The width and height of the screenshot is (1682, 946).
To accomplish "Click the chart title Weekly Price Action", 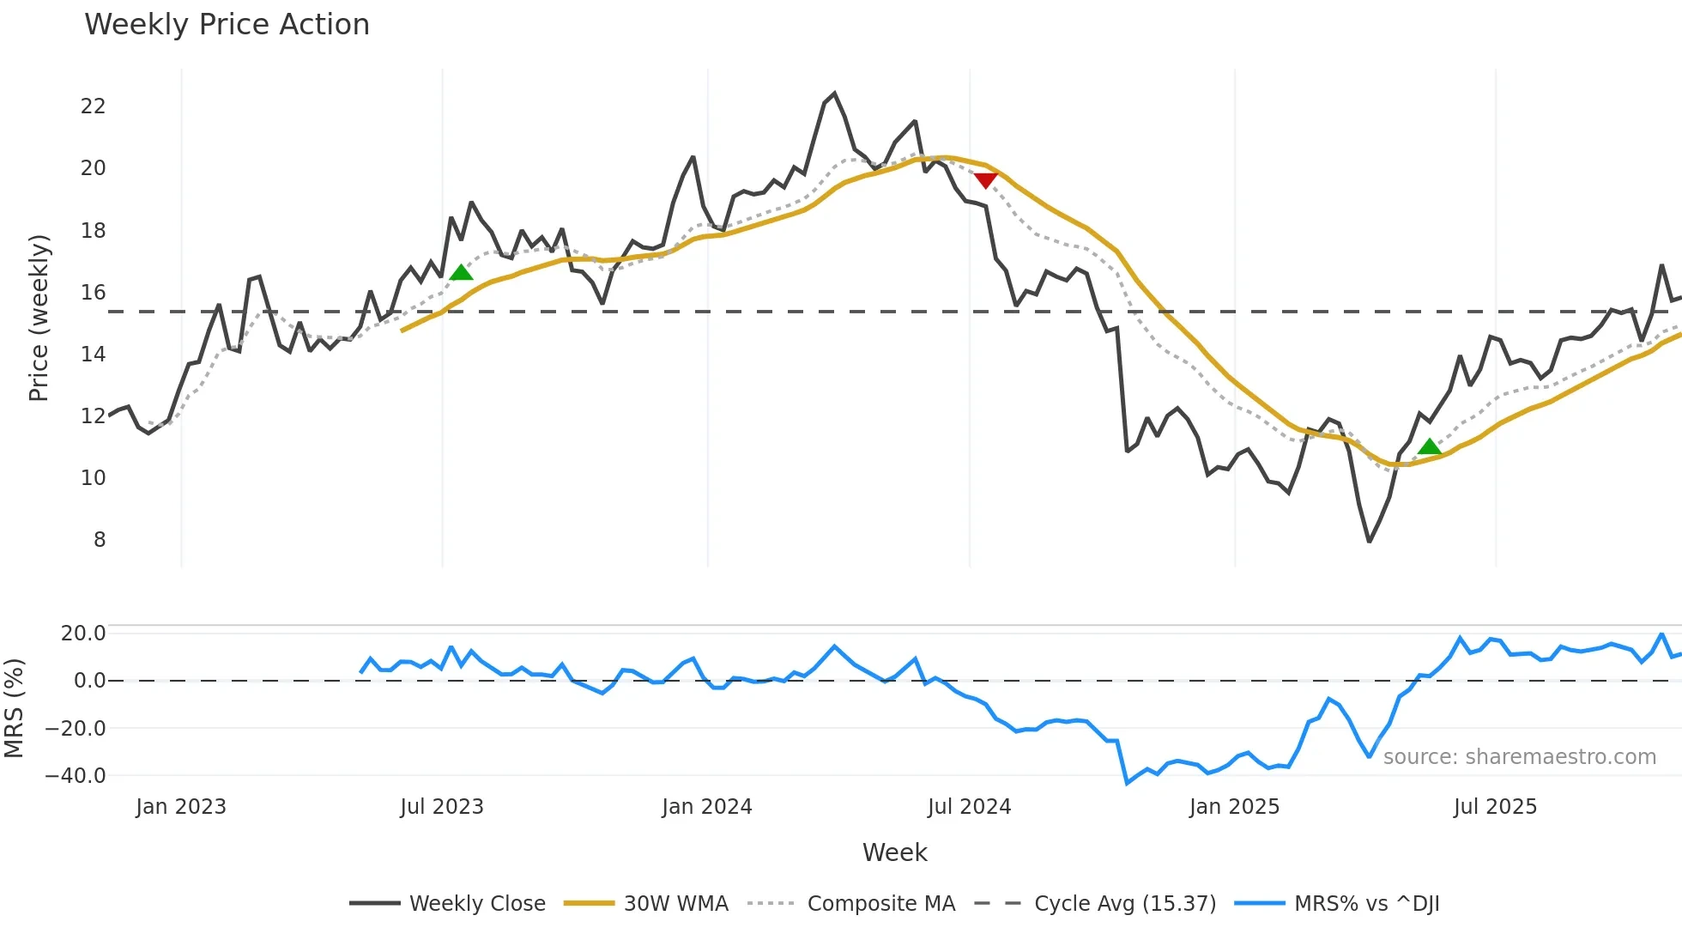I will [227, 25].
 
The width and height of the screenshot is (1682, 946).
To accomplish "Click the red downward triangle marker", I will [986, 179].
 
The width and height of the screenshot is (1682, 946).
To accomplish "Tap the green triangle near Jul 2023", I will [461, 273].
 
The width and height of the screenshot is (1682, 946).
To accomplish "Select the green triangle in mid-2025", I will [1430, 446].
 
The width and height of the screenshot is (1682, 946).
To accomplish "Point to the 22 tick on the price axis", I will [93, 106].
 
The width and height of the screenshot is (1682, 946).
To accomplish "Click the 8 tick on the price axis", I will [100, 540].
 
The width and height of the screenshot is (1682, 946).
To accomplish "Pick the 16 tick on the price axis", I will [93, 293].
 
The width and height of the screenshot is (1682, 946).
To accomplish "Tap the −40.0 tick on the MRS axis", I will [76, 776].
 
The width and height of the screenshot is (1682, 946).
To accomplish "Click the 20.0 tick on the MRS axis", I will [83, 634].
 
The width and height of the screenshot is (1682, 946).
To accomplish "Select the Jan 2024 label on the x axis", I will [707, 807].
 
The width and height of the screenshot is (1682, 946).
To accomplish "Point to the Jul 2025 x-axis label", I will [1495, 807].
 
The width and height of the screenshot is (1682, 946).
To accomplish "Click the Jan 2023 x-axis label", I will [181, 807].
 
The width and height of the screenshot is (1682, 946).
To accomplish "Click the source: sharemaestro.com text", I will [1519, 757].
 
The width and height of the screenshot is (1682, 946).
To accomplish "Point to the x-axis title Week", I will [894, 852].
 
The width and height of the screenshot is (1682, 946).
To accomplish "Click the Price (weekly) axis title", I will [39, 318].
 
